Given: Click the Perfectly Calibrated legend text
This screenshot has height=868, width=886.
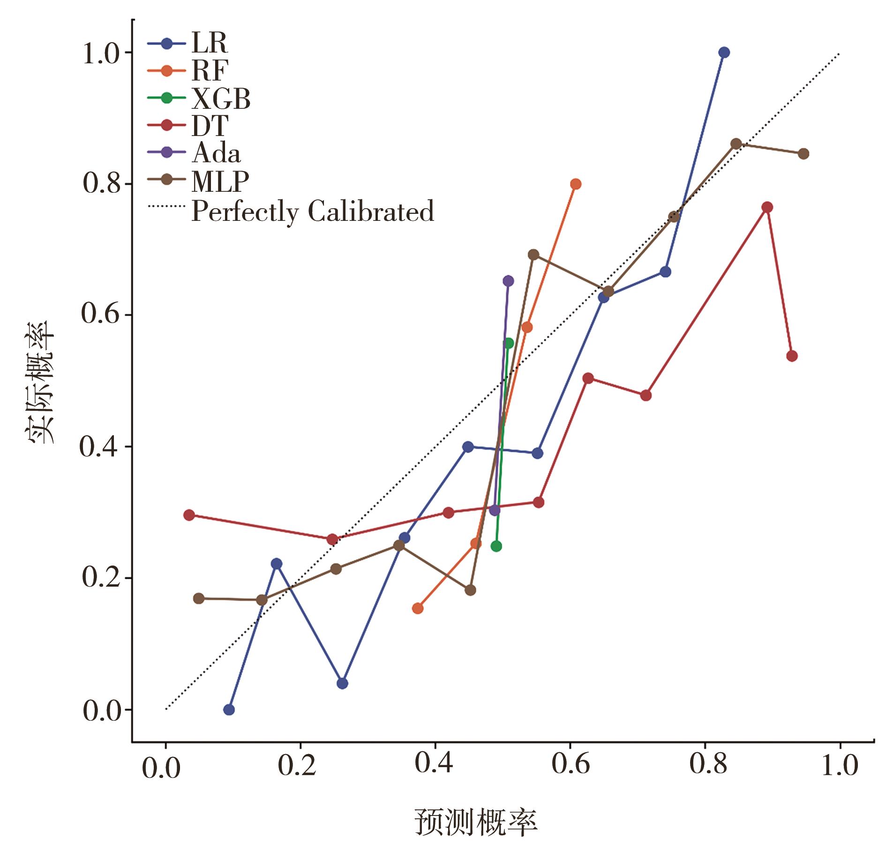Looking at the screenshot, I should pos(312,211).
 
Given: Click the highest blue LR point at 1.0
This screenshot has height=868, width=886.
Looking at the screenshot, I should pos(724,52).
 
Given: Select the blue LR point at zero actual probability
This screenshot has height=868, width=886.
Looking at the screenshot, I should pos(229,709).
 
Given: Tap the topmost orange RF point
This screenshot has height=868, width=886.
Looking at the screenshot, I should pos(576,184).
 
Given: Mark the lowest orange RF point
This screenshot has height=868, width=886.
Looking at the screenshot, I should pos(418,608).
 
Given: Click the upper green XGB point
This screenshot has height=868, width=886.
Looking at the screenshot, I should pos(509,343).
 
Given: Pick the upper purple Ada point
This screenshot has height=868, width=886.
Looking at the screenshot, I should pos(508,281).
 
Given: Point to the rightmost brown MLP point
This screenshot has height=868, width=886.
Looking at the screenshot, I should pos(803,154).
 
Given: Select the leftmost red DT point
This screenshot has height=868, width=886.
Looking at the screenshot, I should pos(189,515).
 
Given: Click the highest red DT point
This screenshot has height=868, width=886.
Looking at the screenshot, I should pos(767,207).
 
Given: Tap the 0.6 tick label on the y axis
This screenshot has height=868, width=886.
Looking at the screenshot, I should pos(99,315).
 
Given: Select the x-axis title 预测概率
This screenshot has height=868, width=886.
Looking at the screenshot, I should pos(476,823).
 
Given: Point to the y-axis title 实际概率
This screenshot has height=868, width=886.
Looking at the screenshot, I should pos(40,382).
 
